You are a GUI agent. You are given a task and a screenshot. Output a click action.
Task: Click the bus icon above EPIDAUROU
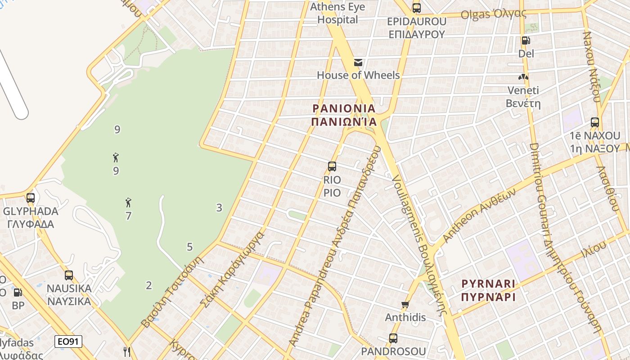(416, 8)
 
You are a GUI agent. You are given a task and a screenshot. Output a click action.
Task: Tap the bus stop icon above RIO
(332, 166)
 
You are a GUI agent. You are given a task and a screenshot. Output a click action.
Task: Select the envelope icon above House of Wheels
(358, 63)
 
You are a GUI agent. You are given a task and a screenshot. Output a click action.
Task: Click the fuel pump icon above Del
(526, 40)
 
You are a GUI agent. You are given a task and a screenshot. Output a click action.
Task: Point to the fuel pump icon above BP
(18, 292)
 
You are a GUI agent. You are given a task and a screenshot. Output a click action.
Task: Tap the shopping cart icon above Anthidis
(405, 305)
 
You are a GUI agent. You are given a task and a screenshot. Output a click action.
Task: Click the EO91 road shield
(69, 342)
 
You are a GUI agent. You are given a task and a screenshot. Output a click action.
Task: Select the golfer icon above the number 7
(128, 202)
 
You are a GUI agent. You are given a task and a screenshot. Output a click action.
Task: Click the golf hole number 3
(219, 208)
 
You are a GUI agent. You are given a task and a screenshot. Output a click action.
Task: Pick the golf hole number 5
(189, 247)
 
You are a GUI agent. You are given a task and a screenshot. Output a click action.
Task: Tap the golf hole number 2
(149, 285)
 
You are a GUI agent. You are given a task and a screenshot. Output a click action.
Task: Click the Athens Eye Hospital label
(337, 13)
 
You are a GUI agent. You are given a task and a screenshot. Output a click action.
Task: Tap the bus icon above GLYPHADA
(31, 198)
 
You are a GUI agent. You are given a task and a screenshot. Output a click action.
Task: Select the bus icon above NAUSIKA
(69, 275)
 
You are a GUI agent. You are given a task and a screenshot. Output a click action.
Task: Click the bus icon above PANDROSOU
(393, 338)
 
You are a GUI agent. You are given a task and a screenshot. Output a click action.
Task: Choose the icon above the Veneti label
(523, 77)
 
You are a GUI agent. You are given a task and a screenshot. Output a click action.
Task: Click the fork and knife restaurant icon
(127, 351)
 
